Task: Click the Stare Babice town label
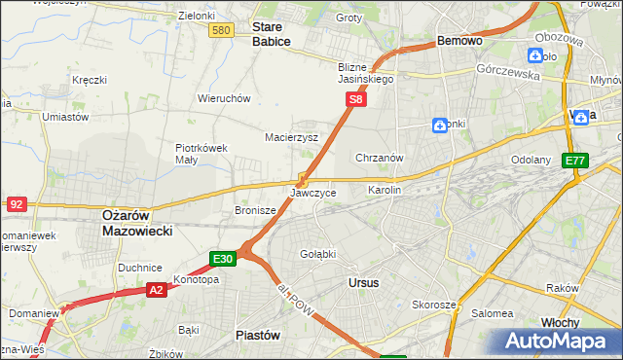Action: (x=273, y=35)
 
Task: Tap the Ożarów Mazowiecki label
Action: (x=137, y=223)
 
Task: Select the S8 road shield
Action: (x=357, y=99)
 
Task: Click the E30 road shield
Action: (x=222, y=259)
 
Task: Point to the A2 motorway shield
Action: (x=157, y=289)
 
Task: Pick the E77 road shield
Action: (x=576, y=161)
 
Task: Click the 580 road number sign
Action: (x=221, y=31)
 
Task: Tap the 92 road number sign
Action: (x=16, y=204)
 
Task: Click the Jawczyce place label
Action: (x=312, y=193)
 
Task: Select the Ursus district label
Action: (x=363, y=282)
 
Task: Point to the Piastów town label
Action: (x=258, y=334)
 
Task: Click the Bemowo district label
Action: (x=459, y=42)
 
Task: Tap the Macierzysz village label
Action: (x=292, y=138)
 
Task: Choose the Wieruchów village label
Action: (x=225, y=99)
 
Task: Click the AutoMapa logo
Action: (x=557, y=341)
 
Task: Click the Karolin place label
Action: (x=384, y=190)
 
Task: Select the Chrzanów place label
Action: (x=380, y=158)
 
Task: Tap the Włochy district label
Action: (x=560, y=322)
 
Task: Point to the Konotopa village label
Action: (x=196, y=279)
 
